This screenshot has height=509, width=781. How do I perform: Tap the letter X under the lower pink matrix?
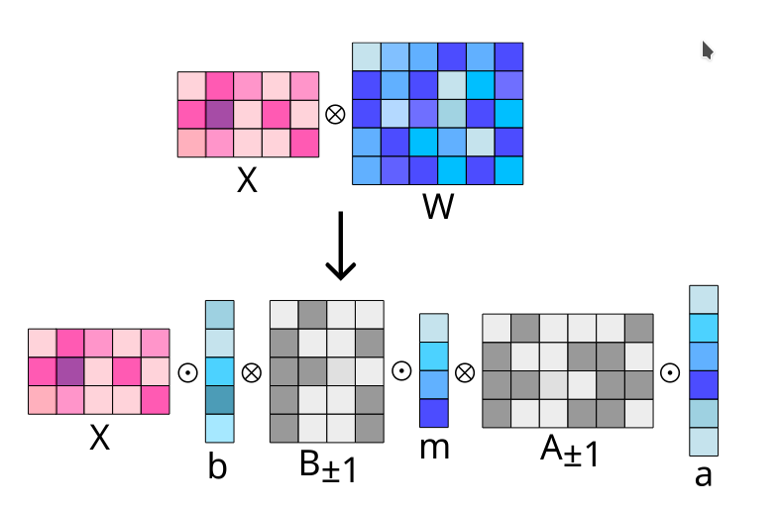coord(99,438)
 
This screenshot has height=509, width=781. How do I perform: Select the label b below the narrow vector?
coord(217,465)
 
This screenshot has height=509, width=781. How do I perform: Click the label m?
coord(434,447)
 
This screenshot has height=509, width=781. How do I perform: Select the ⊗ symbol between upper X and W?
coord(335,114)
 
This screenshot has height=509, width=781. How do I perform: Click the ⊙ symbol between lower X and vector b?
coord(186,372)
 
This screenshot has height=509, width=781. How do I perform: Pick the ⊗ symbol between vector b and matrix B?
coord(251,372)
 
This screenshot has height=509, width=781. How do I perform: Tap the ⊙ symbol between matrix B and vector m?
coord(400,371)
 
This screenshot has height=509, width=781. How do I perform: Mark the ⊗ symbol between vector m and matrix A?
coord(465,372)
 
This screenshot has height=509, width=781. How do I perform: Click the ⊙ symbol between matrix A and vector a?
coord(670,372)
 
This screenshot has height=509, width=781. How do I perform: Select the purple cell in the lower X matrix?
coord(69,371)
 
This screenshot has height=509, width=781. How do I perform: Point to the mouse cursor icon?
coord(708,50)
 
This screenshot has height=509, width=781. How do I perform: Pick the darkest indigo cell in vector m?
coord(434,412)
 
